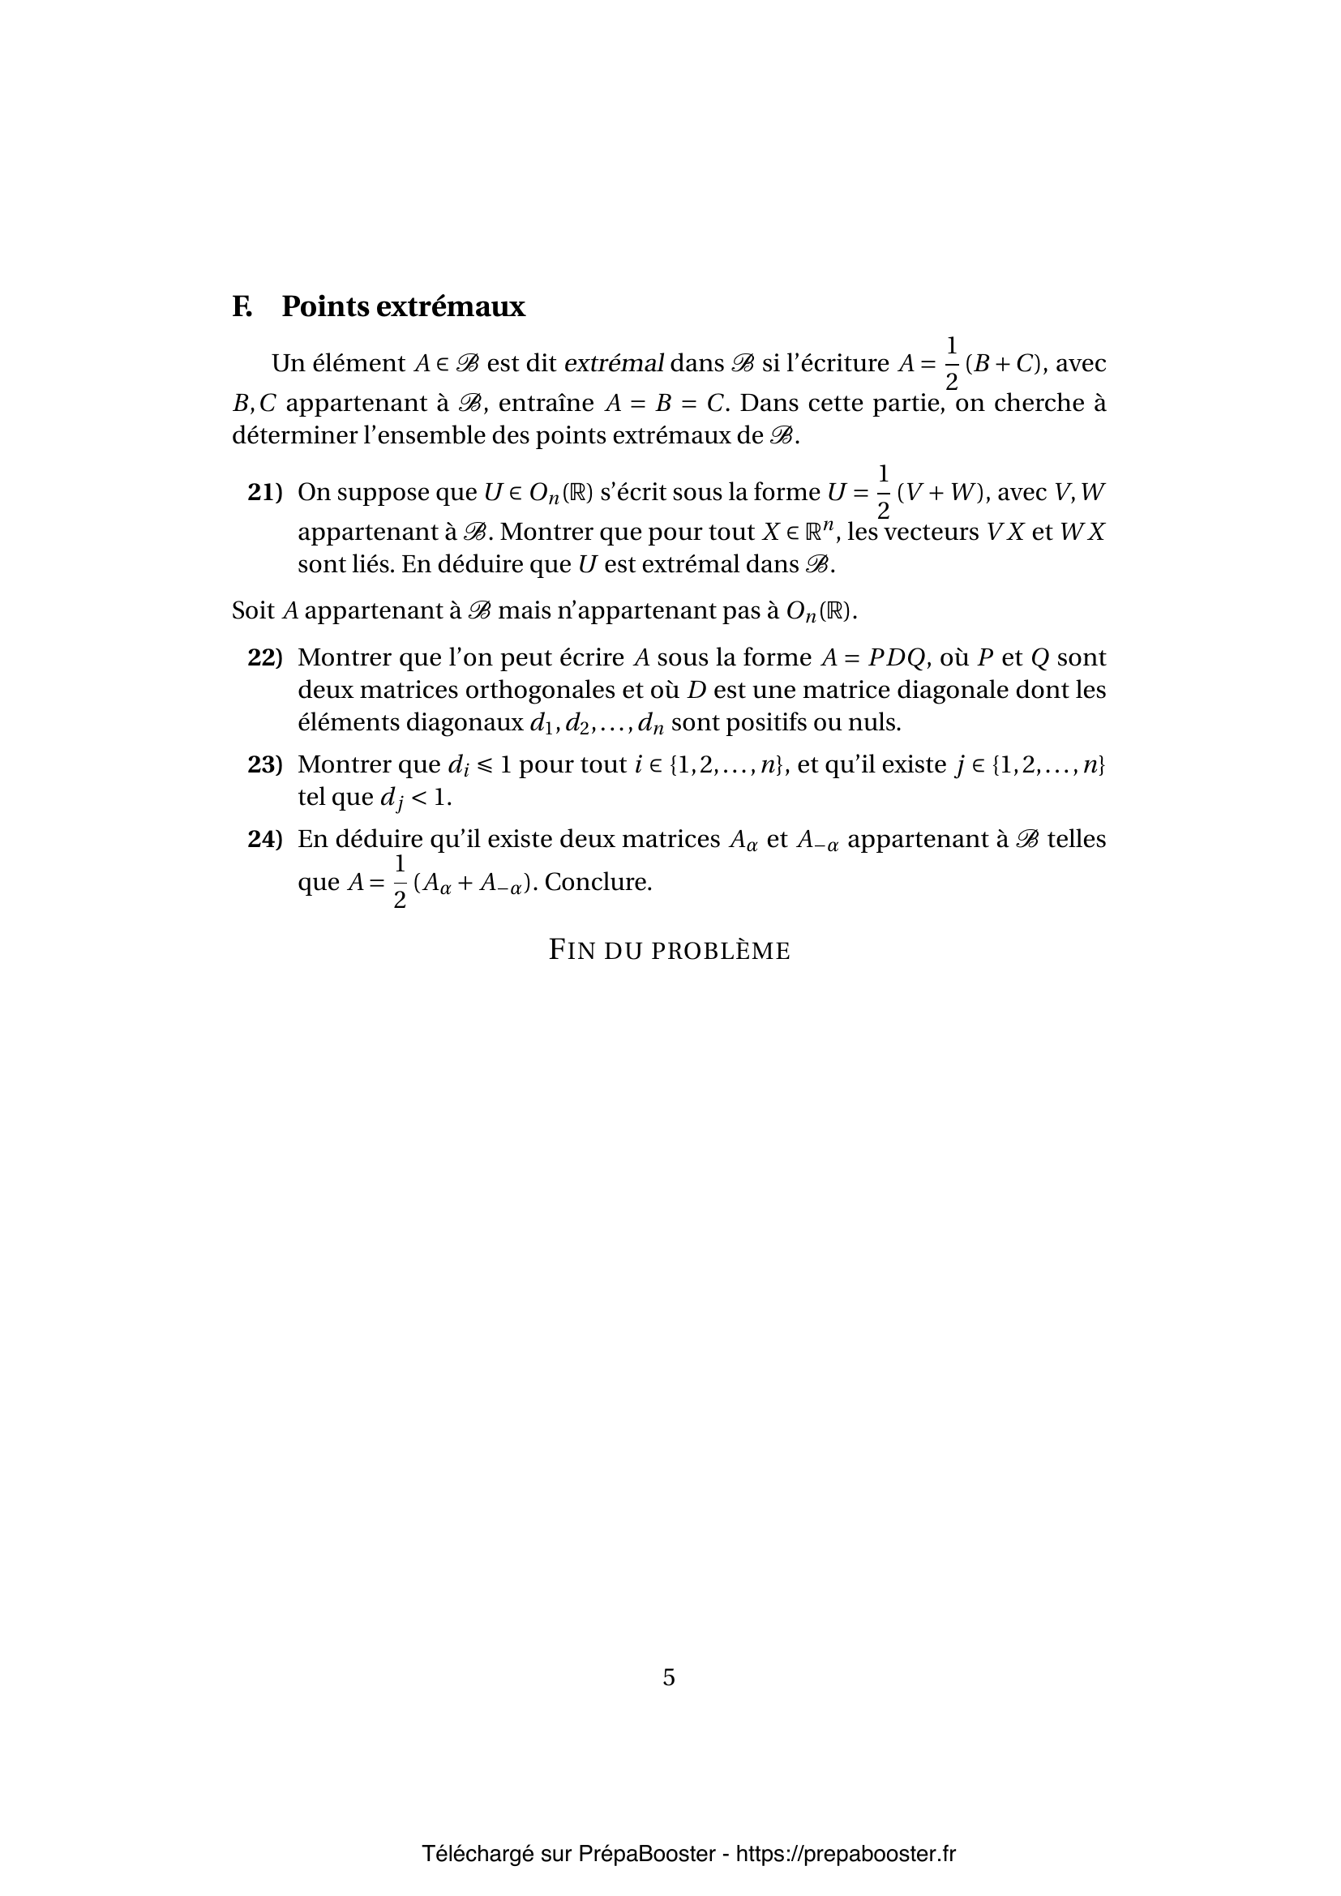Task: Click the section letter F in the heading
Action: pos(241,306)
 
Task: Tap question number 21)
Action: pos(265,492)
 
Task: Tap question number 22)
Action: pos(265,657)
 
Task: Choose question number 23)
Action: pos(265,764)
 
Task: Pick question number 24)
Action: pos(265,839)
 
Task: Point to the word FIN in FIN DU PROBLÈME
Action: pos(572,951)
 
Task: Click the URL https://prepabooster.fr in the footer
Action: pos(846,1854)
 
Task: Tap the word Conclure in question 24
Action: pos(597,882)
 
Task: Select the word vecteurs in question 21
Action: pos(933,532)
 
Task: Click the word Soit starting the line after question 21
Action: pos(253,611)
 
